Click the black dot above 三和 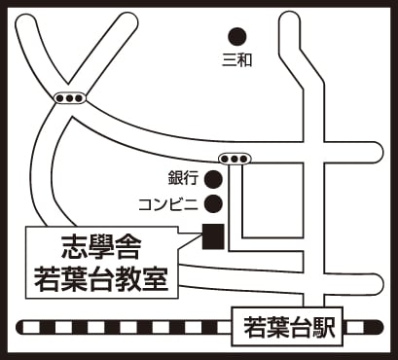pyautogui.click(x=237, y=37)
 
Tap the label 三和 pyautogui.click(x=236, y=60)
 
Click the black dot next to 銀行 pyautogui.click(x=213, y=179)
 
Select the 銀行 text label pyautogui.click(x=183, y=178)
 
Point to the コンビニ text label pyautogui.click(x=168, y=204)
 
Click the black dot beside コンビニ pyautogui.click(x=213, y=203)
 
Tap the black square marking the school pyautogui.click(x=213, y=236)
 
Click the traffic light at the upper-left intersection pyautogui.click(x=70, y=98)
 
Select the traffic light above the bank pyautogui.click(x=235, y=159)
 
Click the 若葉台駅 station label pyautogui.click(x=287, y=327)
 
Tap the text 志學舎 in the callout pyautogui.click(x=101, y=247)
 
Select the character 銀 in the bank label pyautogui.click(x=175, y=178)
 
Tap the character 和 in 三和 pyautogui.click(x=244, y=60)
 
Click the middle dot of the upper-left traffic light pyautogui.click(x=70, y=98)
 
